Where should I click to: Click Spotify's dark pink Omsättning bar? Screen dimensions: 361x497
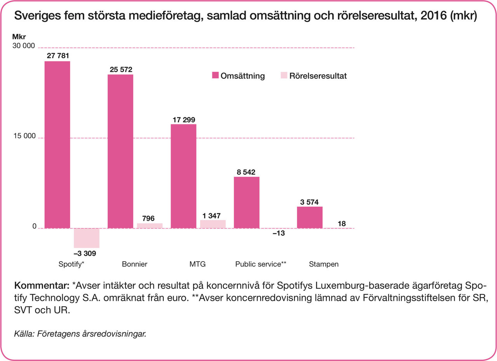tap(57, 145)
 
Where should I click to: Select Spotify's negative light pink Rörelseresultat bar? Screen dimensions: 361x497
tap(87, 238)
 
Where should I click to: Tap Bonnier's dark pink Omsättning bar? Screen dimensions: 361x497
tap(120, 151)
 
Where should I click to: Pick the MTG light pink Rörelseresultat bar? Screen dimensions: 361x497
tap(213, 224)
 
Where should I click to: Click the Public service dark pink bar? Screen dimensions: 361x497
tap(247, 202)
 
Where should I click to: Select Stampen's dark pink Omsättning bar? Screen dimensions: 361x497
tap(309, 217)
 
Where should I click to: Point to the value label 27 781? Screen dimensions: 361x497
tap(58, 56)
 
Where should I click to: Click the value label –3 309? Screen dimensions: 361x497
tap(85, 254)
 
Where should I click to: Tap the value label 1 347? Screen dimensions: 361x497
tap(213, 215)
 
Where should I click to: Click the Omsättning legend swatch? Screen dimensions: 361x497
tap(215, 76)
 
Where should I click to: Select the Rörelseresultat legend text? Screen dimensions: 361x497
tap(318, 76)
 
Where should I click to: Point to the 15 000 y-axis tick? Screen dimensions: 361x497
tap(24, 136)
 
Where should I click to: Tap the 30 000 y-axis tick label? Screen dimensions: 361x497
tap(24, 46)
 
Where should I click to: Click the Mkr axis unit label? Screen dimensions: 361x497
tap(19, 38)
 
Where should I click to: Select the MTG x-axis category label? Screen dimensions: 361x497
tap(197, 264)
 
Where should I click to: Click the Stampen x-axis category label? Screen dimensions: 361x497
tap(324, 264)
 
